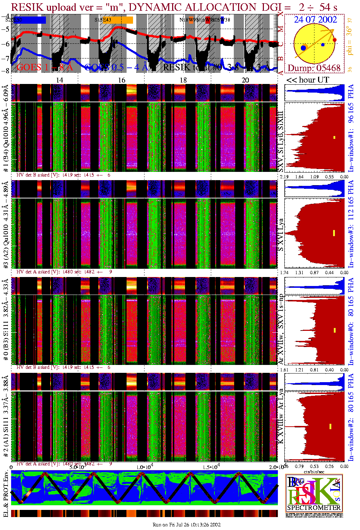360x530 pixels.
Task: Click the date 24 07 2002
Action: coord(315,20)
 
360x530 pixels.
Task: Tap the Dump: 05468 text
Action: coord(314,68)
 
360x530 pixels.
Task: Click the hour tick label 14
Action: coord(60,80)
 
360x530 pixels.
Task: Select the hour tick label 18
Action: coord(183,80)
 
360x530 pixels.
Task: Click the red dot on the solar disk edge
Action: coord(335,40)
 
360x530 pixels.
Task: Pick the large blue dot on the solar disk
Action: coord(304,48)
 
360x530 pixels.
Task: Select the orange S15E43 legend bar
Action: coord(122,20)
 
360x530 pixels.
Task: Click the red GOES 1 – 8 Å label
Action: coord(44,67)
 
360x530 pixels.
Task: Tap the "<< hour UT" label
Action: coord(308,80)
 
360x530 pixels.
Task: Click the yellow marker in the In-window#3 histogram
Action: coord(334,233)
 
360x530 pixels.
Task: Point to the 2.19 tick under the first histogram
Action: coord(284,177)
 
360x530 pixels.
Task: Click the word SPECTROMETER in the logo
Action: coord(314,508)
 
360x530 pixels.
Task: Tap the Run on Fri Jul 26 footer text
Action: coord(186,525)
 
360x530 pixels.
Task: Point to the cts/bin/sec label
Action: coord(314,472)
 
